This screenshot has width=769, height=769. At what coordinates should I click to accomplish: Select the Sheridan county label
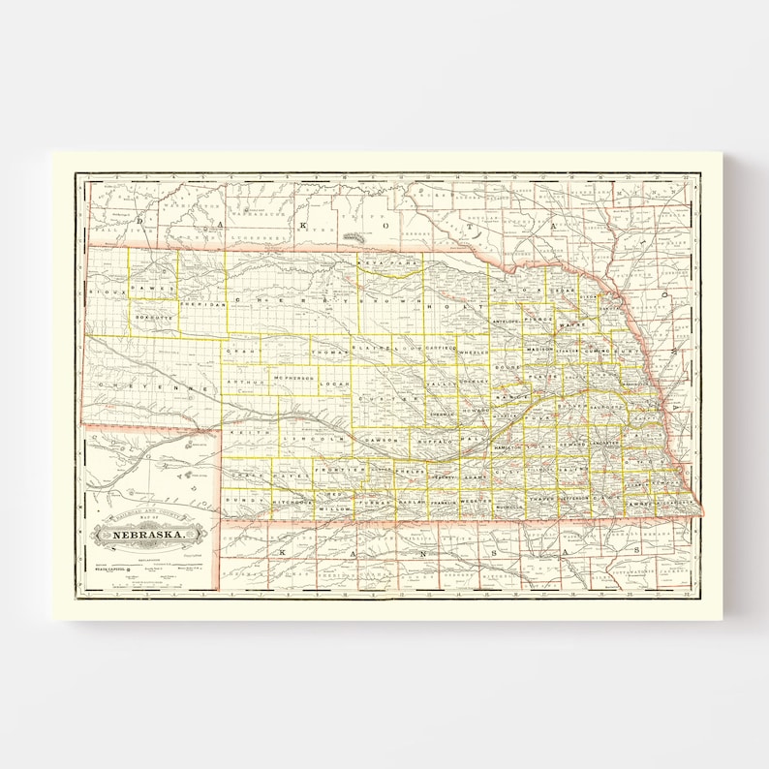[x=203, y=304]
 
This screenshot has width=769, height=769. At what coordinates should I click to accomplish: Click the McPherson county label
[x=295, y=377]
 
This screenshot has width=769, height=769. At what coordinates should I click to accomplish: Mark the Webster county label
[x=475, y=502]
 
